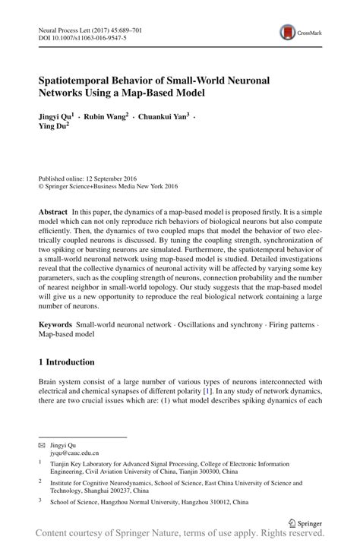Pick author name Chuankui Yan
[x=165, y=118]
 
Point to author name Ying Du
[x=53, y=128]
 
